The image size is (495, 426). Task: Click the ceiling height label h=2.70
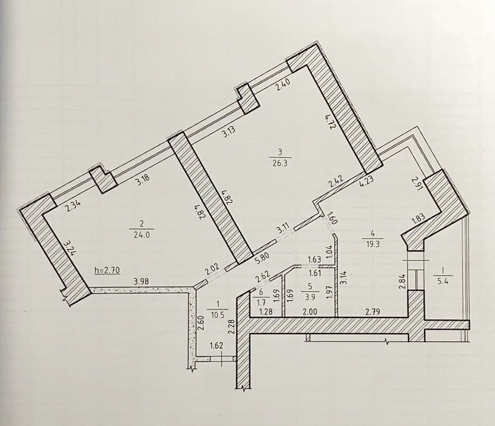(107, 270)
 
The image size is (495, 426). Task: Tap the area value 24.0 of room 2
(142, 236)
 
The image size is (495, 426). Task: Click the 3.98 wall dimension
(141, 282)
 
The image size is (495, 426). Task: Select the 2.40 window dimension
(283, 86)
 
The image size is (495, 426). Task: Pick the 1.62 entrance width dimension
(217, 345)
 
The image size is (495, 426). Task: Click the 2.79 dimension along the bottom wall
(373, 312)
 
